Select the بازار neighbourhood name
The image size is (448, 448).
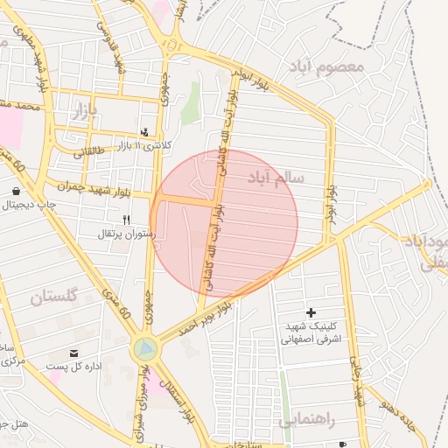point(78,111)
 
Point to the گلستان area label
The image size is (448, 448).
point(53,297)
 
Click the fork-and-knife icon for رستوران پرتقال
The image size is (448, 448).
point(126,220)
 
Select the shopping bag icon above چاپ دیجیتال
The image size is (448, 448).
point(17,190)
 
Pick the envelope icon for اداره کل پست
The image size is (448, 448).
point(73,352)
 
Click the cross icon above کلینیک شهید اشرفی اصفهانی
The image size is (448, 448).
point(311,312)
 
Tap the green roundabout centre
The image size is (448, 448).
point(145,349)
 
